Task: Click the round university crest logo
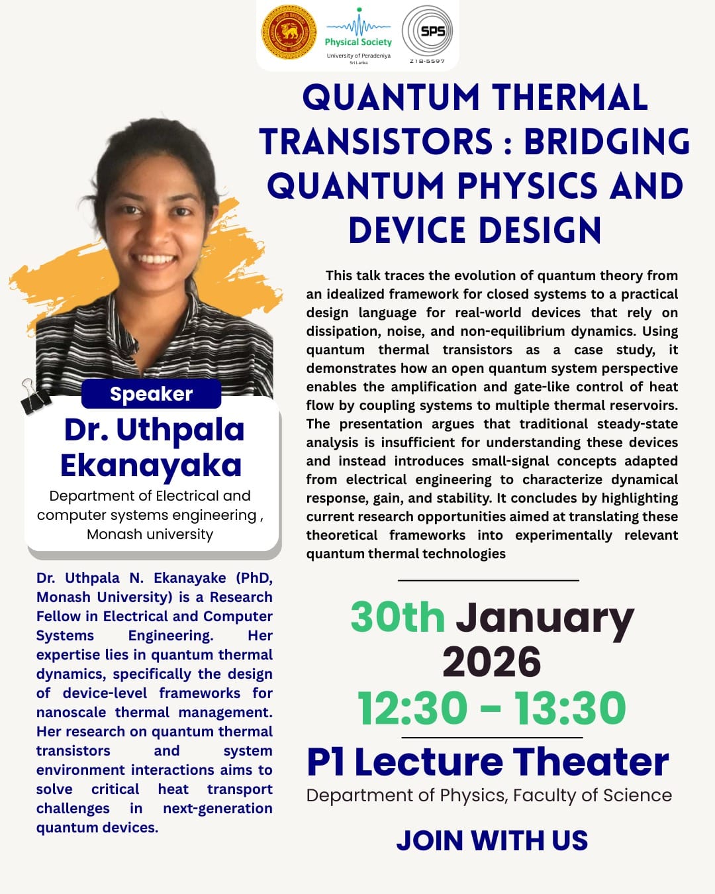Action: [x=289, y=32]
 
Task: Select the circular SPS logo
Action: [x=428, y=32]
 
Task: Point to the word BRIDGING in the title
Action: [x=607, y=142]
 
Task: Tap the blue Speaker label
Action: [x=151, y=394]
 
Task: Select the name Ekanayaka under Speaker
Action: [x=151, y=465]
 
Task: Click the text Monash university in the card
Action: [x=150, y=534]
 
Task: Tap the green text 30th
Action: [x=397, y=617]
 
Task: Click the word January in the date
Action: [x=545, y=619]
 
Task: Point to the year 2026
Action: [x=492, y=662]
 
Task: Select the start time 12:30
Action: [x=412, y=708]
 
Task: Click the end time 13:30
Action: [x=570, y=708]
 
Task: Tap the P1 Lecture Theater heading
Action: [x=488, y=762]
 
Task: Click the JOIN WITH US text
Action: [x=492, y=840]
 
